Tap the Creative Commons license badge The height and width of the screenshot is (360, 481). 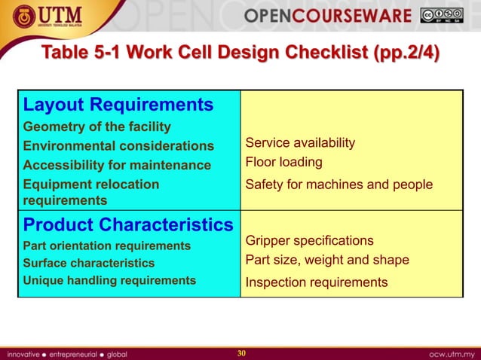(x=442, y=16)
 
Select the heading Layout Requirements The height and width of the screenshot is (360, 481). (x=118, y=104)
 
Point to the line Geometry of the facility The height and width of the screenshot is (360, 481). (x=97, y=127)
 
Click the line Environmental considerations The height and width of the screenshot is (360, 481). (x=118, y=145)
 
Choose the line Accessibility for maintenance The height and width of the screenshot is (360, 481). (x=117, y=165)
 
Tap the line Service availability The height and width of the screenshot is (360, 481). (x=300, y=143)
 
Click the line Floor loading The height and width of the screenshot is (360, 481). (x=283, y=162)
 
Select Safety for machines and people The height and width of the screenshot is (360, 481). (x=339, y=185)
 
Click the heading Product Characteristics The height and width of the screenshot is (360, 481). (x=128, y=224)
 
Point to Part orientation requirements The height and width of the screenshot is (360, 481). (x=107, y=246)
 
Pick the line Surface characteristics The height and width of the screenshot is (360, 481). (x=89, y=263)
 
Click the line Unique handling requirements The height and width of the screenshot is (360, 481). (x=109, y=280)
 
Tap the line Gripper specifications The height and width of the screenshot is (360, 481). (x=309, y=240)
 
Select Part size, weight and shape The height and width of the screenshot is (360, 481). (x=327, y=260)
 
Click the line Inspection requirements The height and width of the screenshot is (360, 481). (x=317, y=282)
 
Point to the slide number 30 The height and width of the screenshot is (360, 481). (x=241, y=353)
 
